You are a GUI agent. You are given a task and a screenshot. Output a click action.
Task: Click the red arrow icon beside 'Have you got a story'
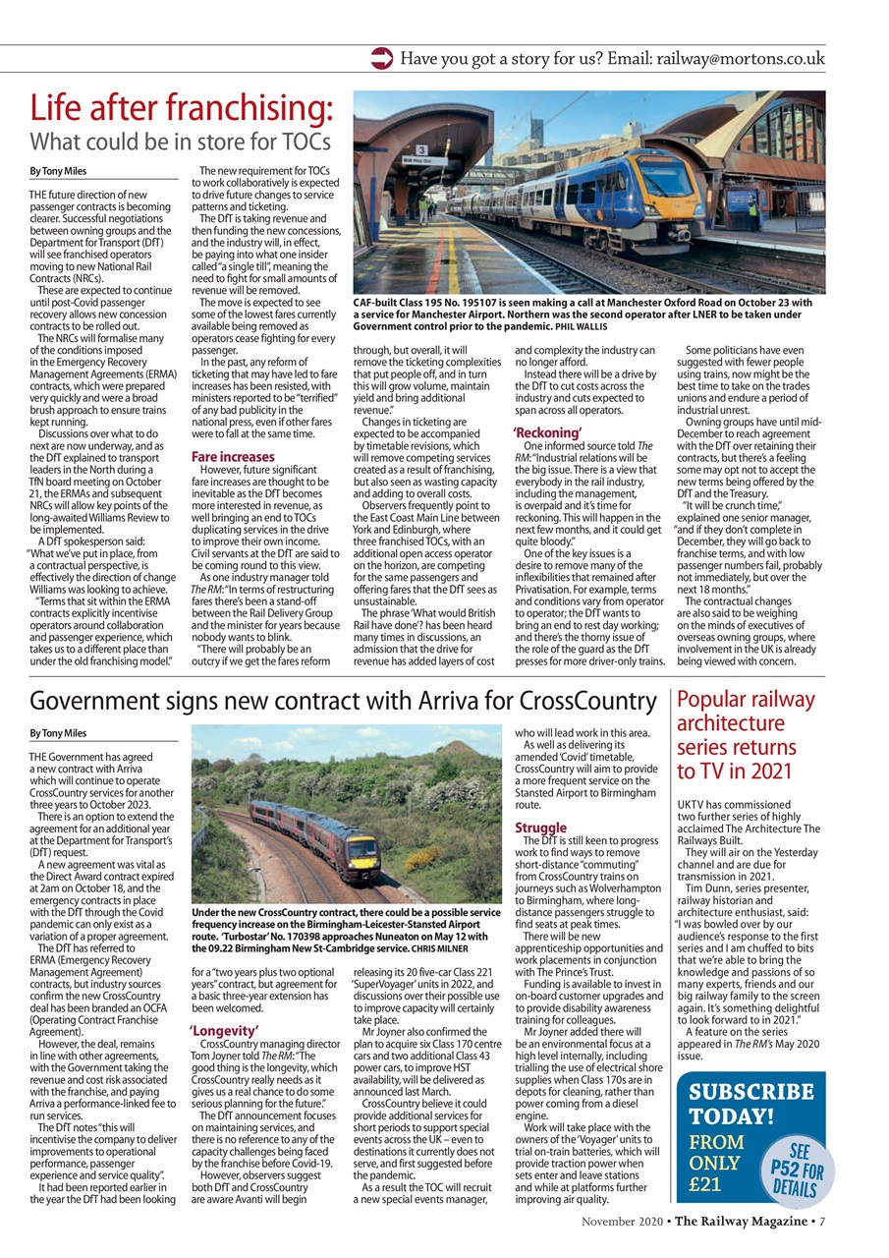[381, 59]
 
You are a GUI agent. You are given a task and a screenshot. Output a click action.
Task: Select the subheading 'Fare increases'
[233, 457]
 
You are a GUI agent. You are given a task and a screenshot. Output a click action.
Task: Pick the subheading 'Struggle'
[541, 828]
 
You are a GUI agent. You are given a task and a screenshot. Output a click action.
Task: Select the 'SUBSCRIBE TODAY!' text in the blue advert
[750, 1104]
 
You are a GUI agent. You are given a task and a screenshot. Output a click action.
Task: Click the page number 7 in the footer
[821, 1222]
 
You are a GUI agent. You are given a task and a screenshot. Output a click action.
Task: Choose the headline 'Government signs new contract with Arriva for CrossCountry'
[343, 702]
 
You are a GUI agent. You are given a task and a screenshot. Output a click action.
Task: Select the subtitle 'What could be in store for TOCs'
[180, 143]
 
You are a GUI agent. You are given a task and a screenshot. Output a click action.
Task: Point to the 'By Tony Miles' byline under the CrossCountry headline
[58, 732]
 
